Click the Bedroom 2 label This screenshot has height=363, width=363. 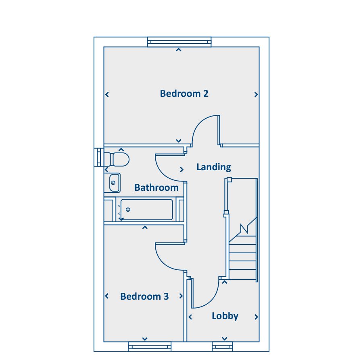click(x=184, y=94)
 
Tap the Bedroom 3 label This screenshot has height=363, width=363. click(x=144, y=296)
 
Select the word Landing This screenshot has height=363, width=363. click(x=214, y=167)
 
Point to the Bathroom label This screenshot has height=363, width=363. click(x=156, y=188)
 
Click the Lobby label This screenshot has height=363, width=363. click(x=225, y=316)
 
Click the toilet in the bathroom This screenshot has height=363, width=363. click(x=117, y=159)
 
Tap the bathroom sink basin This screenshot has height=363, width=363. click(x=114, y=183)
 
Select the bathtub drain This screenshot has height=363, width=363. click(x=128, y=209)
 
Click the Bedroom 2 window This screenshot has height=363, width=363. click(x=179, y=42)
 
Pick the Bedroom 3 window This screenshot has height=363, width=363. click(x=150, y=346)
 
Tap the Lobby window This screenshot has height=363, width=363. click(x=223, y=346)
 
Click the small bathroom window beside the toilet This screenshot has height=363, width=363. click(x=99, y=157)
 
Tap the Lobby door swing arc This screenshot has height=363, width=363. click(x=211, y=301)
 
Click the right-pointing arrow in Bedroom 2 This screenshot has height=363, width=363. click(x=256, y=94)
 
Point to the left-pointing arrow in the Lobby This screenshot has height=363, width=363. click(x=190, y=317)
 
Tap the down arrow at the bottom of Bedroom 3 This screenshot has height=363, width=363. click(x=145, y=339)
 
